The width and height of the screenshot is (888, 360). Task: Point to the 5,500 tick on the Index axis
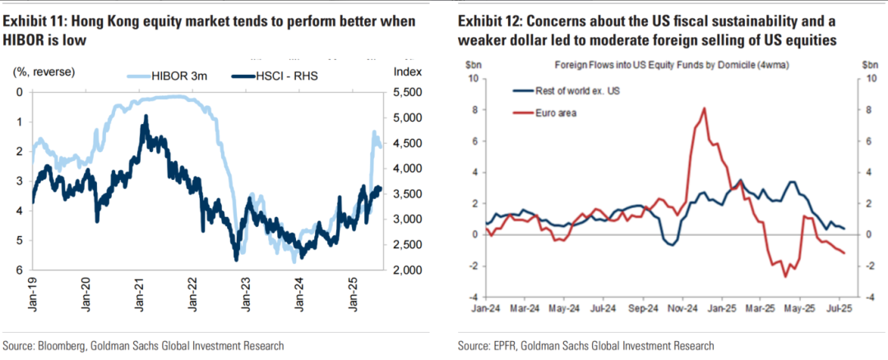409,92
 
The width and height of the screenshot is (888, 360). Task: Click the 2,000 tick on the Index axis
409,270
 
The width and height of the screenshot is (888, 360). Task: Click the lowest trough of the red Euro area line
784,276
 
